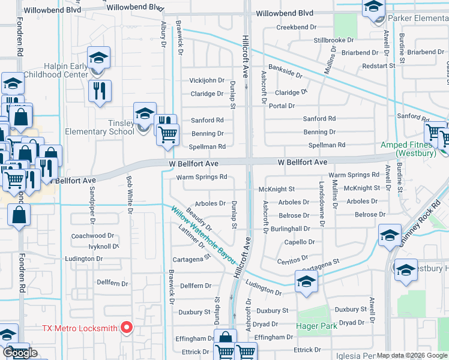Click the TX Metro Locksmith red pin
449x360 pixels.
coord(126,328)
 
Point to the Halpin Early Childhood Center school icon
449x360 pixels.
coord(99,58)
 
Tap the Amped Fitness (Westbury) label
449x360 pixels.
coord(408,149)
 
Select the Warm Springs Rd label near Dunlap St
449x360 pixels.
coord(202,177)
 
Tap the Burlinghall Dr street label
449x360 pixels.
coord(290,229)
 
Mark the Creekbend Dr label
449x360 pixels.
coord(296,28)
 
